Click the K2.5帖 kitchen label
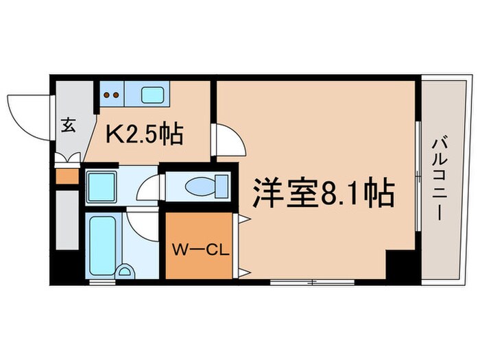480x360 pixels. click(x=143, y=134)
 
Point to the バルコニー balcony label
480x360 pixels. click(x=437, y=179)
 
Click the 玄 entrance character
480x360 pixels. click(x=69, y=125)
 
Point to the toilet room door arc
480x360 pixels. click(x=152, y=186)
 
